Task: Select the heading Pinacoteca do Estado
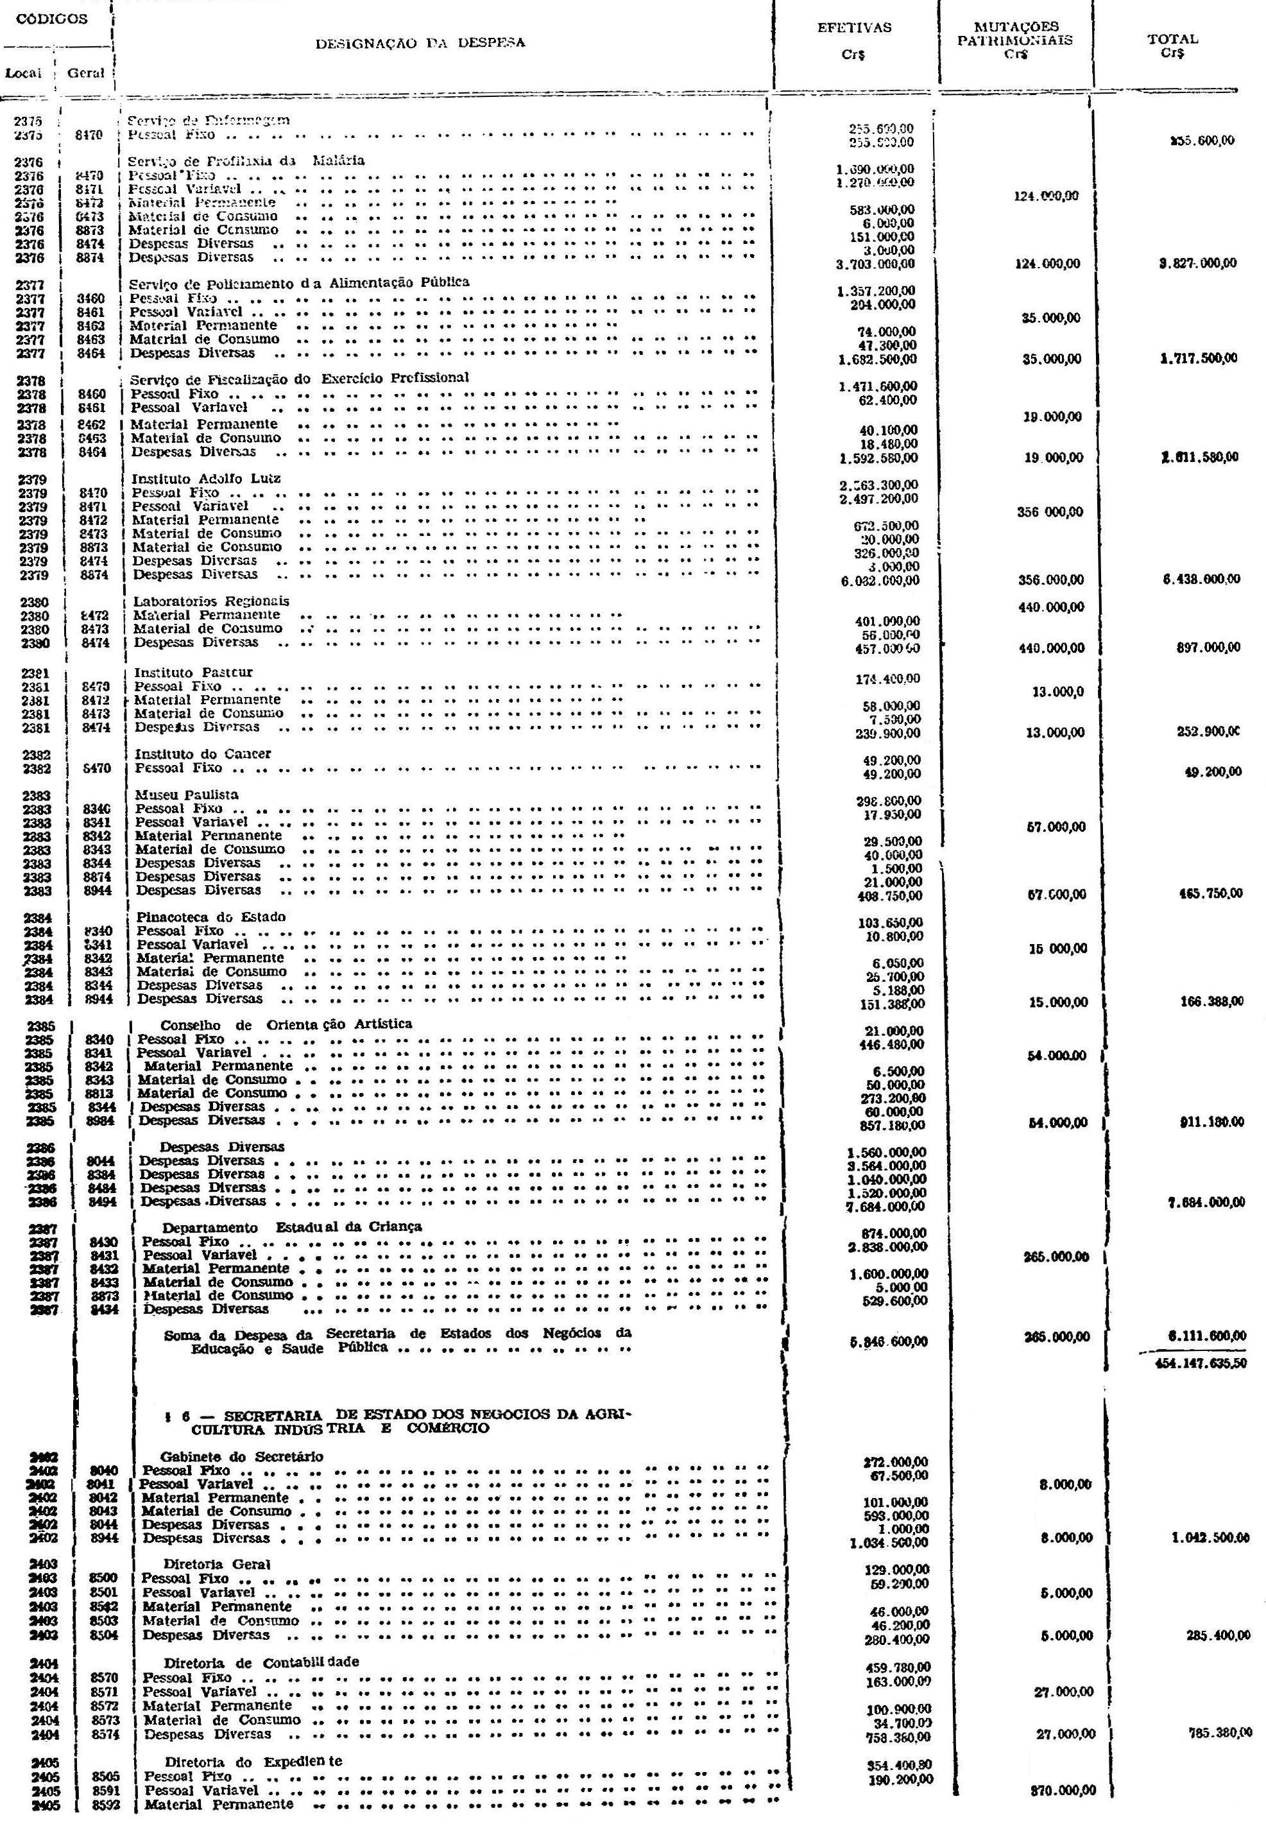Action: tap(211, 916)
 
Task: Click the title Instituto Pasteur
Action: tap(194, 673)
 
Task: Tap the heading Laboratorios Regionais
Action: tap(211, 601)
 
